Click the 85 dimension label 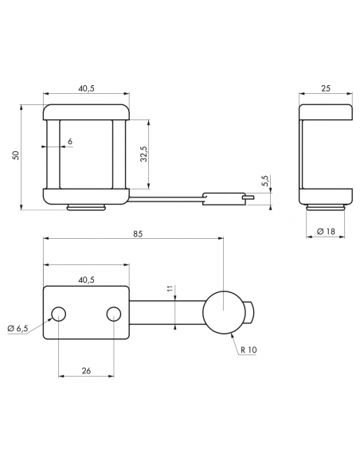(138, 233)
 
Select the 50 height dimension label (16, 155)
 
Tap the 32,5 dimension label (144, 154)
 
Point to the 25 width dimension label (326, 88)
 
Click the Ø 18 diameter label (326, 232)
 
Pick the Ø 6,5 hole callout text (18, 328)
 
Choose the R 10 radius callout (248, 350)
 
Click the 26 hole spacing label (86, 370)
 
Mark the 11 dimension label (170, 289)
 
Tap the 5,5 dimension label (266, 181)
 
